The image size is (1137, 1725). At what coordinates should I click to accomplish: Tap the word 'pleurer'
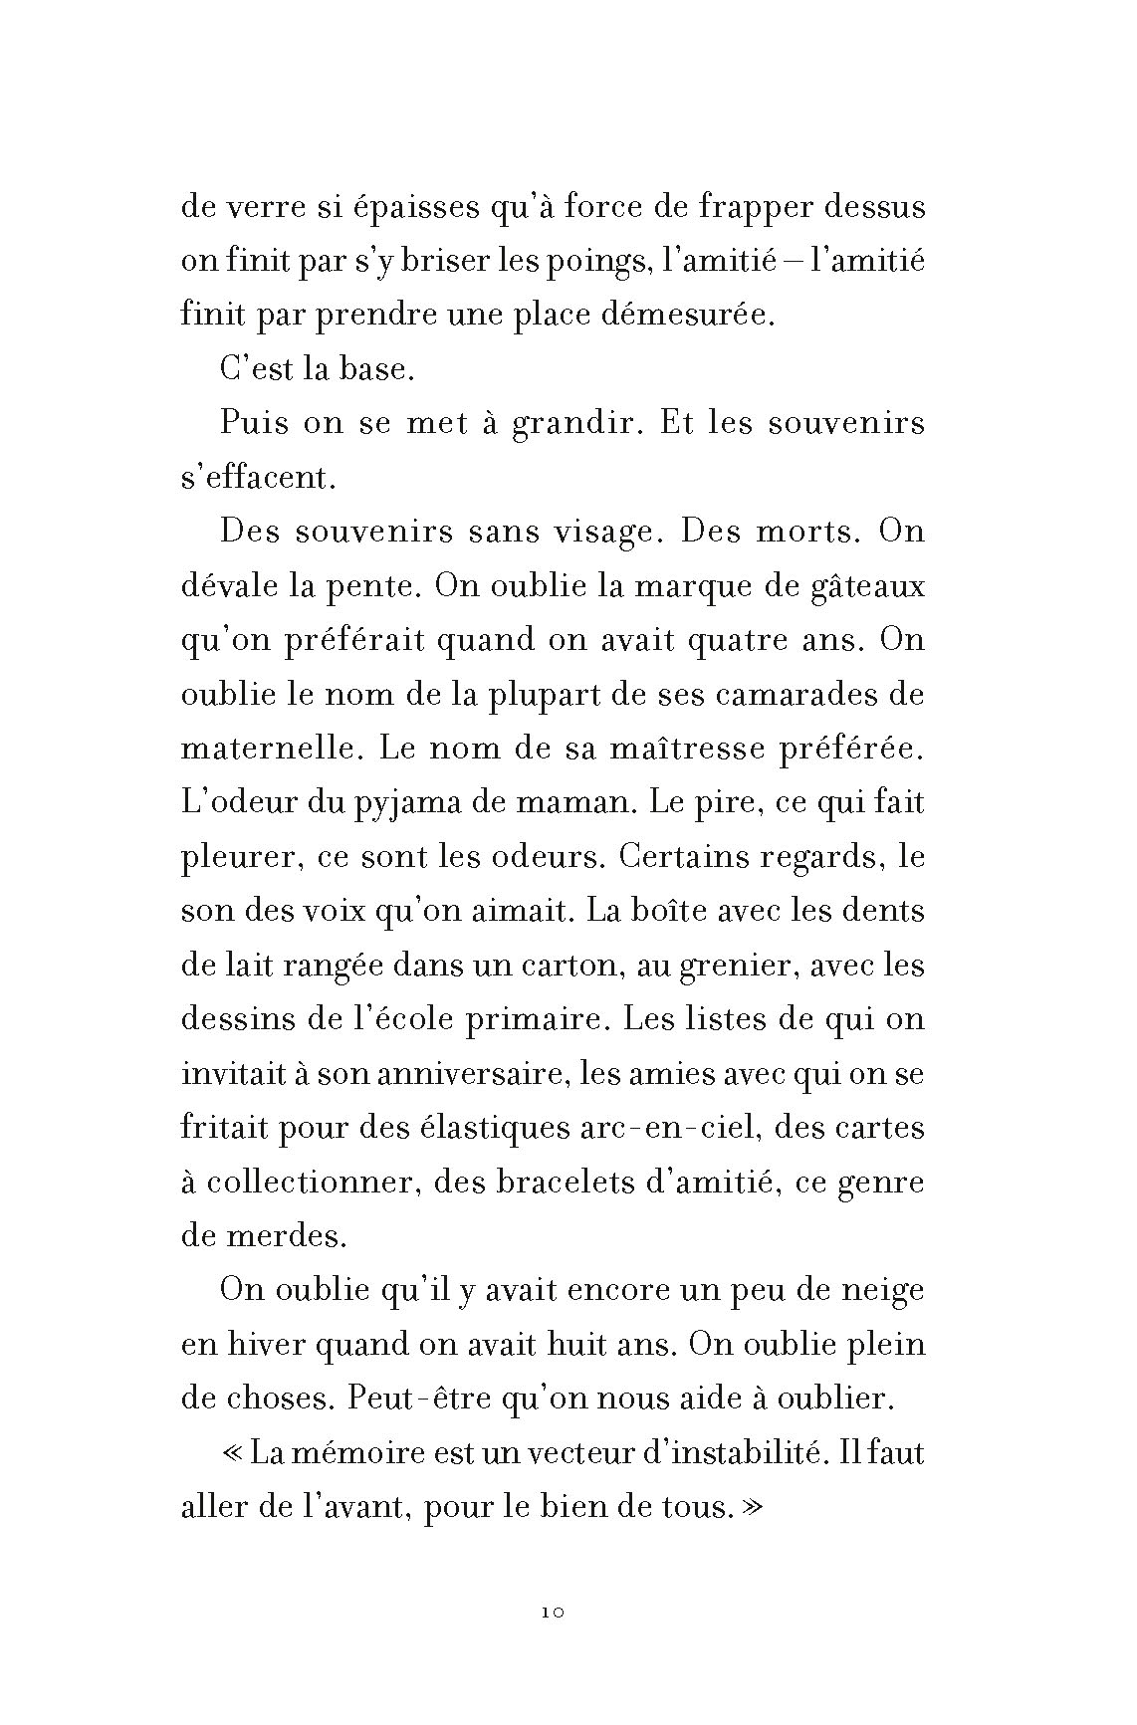pyautogui.click(x=241, y=856)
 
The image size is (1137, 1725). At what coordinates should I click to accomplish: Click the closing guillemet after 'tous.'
pyautogui.click(x=750, y=1508)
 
